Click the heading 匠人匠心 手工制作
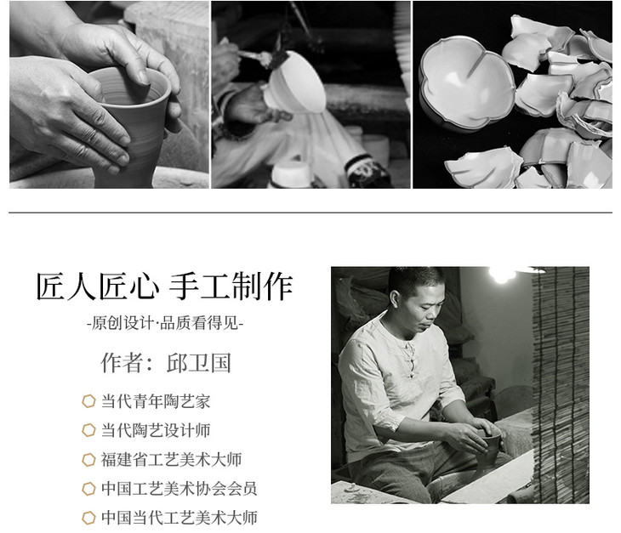coord(164,286)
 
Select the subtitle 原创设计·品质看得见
coord(165,323)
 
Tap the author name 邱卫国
coord(198,362)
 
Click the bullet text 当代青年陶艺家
coord(156,401)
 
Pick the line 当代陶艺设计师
coord(156,430)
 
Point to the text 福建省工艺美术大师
coord(171,459)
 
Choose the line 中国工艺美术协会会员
coord(179,488)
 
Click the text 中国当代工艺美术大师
coord(179,518)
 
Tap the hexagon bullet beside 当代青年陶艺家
coord(88,401)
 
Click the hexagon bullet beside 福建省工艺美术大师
coord(88,459)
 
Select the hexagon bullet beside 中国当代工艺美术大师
coord(88,518)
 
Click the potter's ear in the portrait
coord(395,299)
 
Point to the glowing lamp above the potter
coord(502,274)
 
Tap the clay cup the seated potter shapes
coord(488,452)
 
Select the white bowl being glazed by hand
coord(295,81)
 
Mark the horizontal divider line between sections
coord(310,213)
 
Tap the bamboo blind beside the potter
coord(560,385)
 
